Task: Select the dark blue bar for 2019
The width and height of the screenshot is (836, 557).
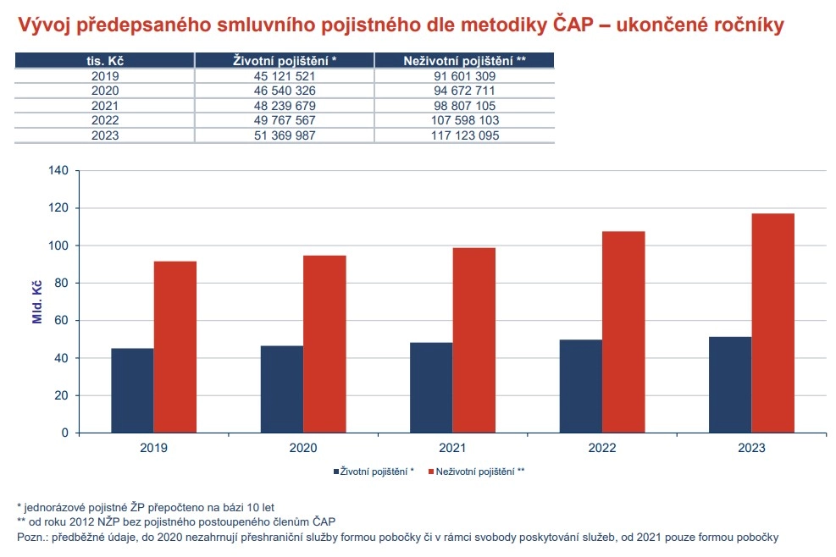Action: [x=132, y=390]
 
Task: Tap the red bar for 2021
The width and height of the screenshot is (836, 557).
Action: [x=473, y=339]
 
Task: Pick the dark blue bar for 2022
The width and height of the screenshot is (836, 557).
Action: [x=580, y=386]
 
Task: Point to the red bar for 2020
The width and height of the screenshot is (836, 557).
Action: [x=324, y=344]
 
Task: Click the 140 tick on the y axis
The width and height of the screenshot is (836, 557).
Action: [x=58, y=170]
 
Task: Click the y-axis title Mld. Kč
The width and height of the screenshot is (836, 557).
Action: [x=36, y=301]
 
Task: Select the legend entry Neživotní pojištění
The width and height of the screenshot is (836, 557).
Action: [x=476, y=471]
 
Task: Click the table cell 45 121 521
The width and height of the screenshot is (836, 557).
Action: [x=285, y=76]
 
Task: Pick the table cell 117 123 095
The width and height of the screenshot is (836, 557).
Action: [x=463, y=135]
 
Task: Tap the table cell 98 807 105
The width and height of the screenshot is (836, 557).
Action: [x=463, y=106]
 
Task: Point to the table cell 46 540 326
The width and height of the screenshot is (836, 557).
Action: [x=285, y=91]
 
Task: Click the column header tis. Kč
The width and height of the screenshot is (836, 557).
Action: [x=105, y=60]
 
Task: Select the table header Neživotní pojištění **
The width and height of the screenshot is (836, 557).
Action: [x=464, y=60]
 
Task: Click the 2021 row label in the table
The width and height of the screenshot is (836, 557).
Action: [x=105, y=106]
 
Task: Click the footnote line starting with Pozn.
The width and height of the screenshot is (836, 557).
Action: [x=397, y=537]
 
